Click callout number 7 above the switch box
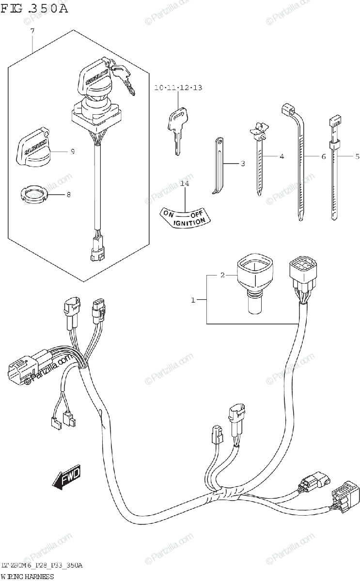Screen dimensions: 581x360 click(x=32, y=31)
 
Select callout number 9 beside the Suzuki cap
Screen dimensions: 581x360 click(x=72, y=152)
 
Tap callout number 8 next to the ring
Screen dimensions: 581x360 click(x=68, y=195)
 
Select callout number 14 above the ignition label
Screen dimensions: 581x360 click(x=184, y=183)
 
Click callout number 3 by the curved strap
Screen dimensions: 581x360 click(x=243, y=164)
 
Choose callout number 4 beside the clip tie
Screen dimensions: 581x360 click(x=281, y=156)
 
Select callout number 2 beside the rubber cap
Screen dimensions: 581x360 click(x=222, y=275)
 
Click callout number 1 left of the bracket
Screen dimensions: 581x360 click(x=193, y=300)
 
